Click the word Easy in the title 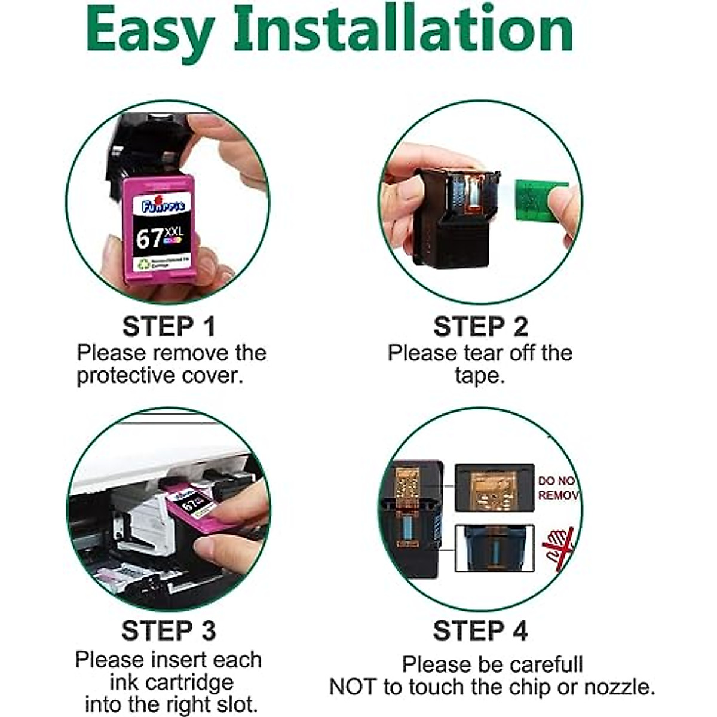[x=149, y=30]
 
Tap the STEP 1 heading [x=168, y=327]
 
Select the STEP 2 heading [x=480, y=327]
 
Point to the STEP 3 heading [x=168, y=630]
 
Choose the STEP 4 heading [x=480, y=630]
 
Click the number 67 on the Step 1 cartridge [x=149, y=239]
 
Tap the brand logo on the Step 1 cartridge [x=163, y=205]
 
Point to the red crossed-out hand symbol [x=557, y=547]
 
